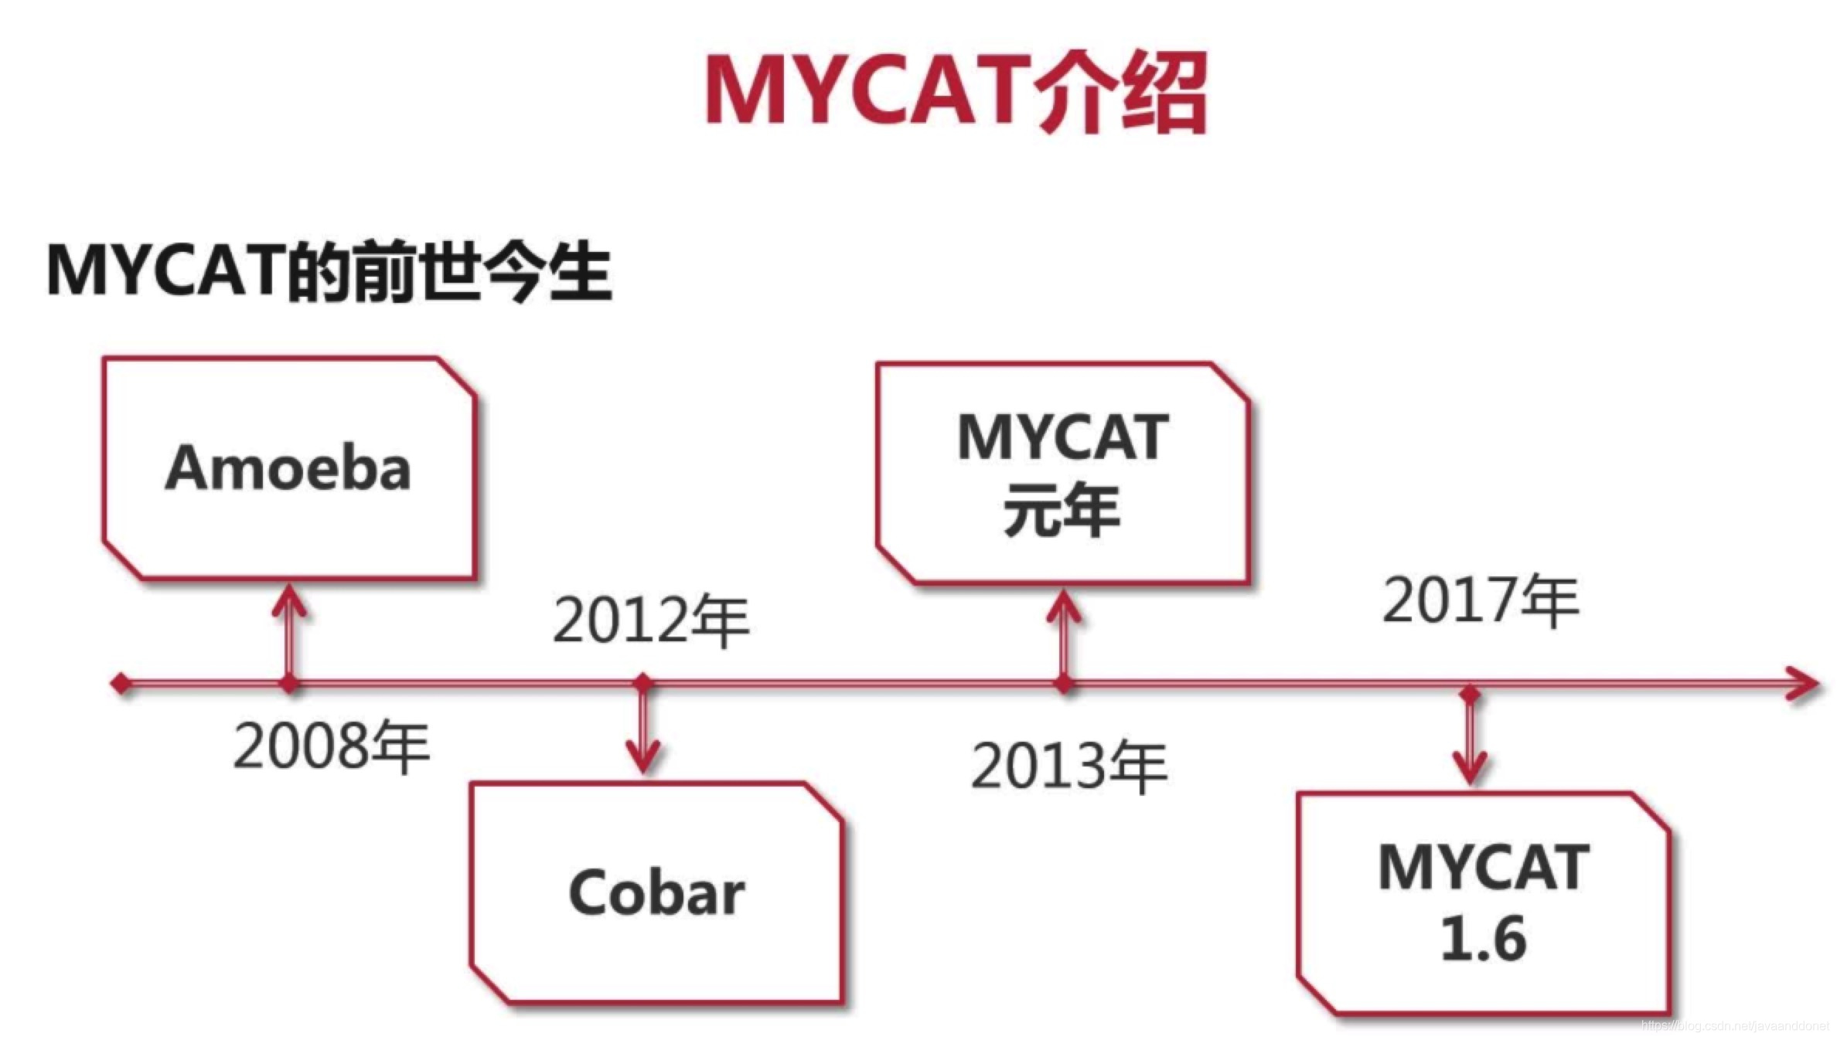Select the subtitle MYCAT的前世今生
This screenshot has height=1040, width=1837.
point(330,271)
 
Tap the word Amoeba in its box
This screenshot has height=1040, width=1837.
point(288,468)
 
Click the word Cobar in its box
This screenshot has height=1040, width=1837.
point(656,892)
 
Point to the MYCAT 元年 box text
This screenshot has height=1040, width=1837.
point(1062,473)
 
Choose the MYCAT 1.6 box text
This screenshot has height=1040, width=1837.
point(1484,902)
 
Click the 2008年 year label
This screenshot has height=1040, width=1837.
point(331,746)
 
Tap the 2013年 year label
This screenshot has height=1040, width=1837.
point(1069,766)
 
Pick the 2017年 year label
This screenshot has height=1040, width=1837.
point(1481,600)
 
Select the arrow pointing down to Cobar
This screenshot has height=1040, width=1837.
point(643,730)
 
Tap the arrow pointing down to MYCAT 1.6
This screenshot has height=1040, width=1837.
point(1470,742)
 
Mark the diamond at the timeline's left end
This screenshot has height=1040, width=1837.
point(121,684)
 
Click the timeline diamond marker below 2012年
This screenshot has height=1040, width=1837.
point(643,683)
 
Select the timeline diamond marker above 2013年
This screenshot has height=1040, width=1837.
point(1065,684)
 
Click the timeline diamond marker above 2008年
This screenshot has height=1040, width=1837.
point(289,684)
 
